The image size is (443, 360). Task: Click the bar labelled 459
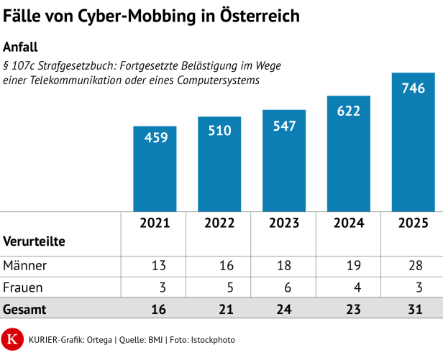(155, 168)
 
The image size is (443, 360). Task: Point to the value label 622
(348, 111)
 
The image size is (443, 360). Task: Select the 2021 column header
(155, 223)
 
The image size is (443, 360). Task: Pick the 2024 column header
(348, 223)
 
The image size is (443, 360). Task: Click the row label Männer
(25, 266)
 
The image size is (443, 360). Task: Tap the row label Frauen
(23, 287)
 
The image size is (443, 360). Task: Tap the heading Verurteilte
(35, 241)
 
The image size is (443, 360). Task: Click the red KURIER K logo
(12, 339)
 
